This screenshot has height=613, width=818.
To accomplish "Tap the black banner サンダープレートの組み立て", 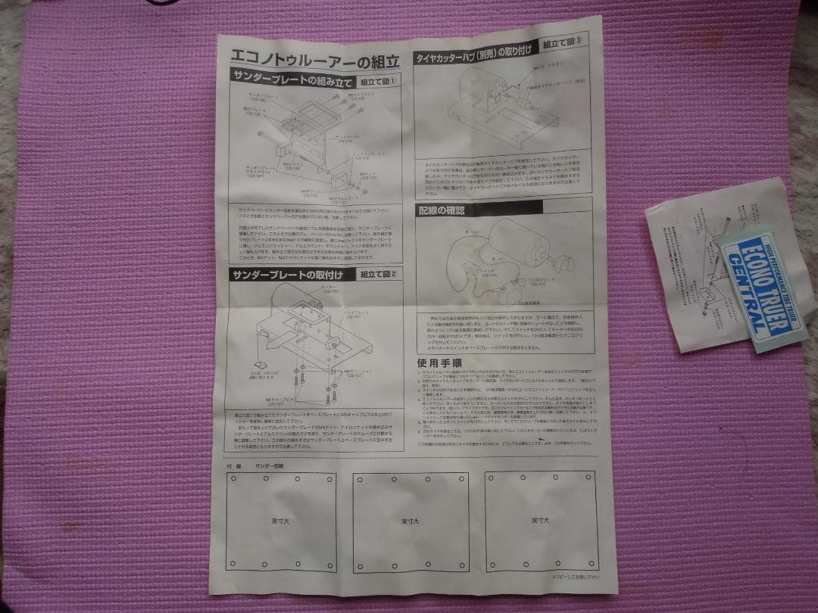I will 292,76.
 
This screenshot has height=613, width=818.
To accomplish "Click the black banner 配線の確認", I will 442,210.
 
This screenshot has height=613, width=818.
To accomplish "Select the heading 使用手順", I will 438,363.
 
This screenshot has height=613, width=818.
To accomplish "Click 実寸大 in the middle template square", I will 410,522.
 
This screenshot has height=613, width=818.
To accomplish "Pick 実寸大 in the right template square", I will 539,521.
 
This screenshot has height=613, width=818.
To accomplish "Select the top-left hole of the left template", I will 233,479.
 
